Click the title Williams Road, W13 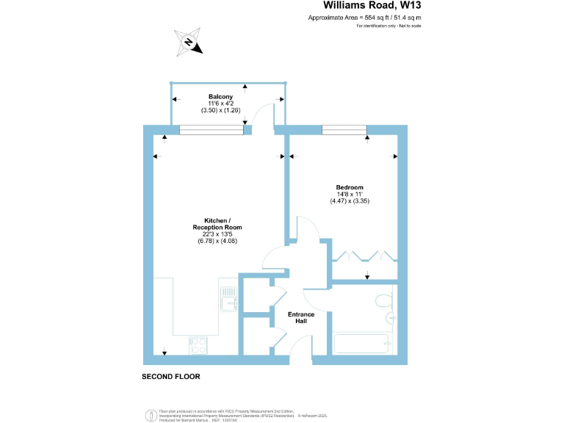[x=372, y=6]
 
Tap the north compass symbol [x=189, y=43]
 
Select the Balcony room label [x=220, y=97]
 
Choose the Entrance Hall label [x=301, y=318]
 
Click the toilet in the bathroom [x=383, y=301]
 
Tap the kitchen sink [x=228, y=298]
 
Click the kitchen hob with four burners [x=198, y=344]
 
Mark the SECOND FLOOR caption [x=170, y=377]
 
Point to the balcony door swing [x=261, y=116]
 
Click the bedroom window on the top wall [x=344, y=131]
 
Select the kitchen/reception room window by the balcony [x=211, y=131]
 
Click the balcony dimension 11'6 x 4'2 [x=220, y=104]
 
